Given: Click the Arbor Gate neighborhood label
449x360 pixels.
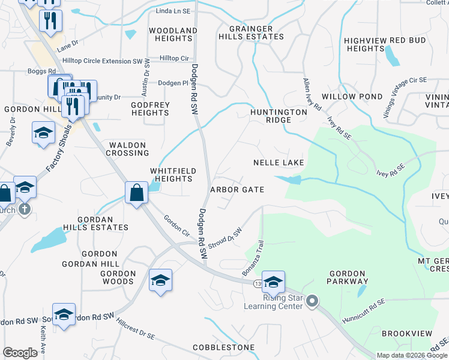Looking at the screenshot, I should pos(237,190).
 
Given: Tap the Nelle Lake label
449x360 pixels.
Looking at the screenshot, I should pos(279,163).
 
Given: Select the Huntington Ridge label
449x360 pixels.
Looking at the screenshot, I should pos(279,116).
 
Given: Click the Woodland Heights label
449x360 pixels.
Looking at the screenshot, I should pos(173,34).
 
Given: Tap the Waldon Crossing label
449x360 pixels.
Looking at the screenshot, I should pos(127,149).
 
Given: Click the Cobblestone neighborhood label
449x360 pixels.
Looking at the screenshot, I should pos(224,348).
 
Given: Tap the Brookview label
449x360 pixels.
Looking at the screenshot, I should pos(406,333).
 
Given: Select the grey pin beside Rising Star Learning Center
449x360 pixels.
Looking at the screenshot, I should pos(312,301).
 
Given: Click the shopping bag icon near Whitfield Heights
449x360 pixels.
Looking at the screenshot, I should pos(137,193).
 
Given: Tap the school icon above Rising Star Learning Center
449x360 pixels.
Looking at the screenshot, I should pos(273,282).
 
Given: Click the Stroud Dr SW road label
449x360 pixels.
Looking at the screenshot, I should pos(226,237).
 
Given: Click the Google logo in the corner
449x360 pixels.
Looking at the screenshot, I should pos(20,353).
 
